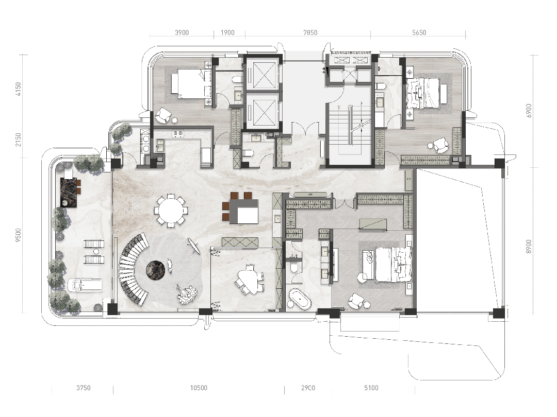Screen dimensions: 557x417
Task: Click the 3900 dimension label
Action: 182,32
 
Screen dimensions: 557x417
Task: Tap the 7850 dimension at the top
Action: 310,32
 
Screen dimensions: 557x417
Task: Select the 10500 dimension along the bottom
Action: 199,388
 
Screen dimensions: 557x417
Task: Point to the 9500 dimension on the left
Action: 18,235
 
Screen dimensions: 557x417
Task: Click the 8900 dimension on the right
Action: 529,247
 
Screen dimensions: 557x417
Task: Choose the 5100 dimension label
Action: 371,388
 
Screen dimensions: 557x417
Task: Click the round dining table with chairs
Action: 171,211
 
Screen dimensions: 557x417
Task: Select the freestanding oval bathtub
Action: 300,300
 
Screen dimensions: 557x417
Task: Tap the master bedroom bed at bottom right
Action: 392,265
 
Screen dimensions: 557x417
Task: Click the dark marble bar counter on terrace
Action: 69,192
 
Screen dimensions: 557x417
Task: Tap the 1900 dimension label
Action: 228,32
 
